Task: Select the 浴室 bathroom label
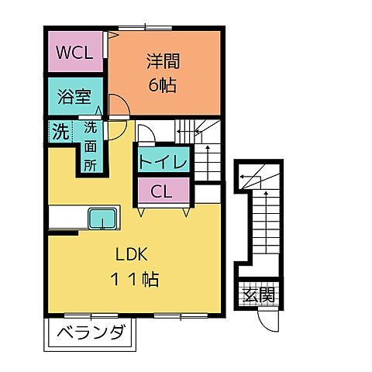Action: pyautogui.click(x=75, y=98)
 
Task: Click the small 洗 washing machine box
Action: pyautogui.click(x=60, y=130)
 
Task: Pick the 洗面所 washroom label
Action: pyautogui.click(x=91, y=145)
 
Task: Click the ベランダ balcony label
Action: pyautogui.click(x=91, y=335)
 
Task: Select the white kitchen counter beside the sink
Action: pyautogui.click(x=67, y=219)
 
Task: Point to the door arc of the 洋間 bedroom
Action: pyautogui.click(x=118, y=105)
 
